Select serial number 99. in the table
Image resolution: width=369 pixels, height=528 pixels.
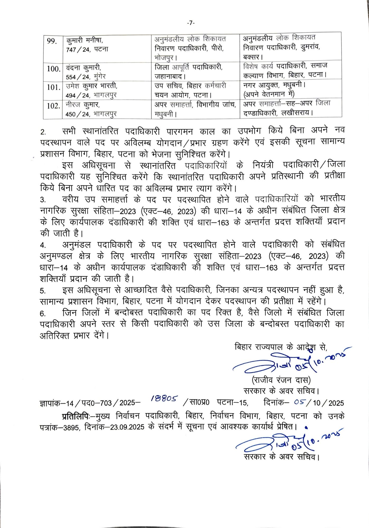[x=52, y=41]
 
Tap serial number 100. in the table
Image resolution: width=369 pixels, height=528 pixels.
[x=54, y=69]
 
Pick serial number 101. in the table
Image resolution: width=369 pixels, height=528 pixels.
[x=54, y=87]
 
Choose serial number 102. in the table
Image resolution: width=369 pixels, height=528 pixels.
[x=54, y=106]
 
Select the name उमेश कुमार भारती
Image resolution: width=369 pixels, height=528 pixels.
[x=91, y=86]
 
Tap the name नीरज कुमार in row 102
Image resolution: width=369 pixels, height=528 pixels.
[x=82, y=105]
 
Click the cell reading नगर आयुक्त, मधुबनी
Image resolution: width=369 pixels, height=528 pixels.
[x=274, y=86]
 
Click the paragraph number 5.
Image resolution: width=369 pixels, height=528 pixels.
[x=43, y=291]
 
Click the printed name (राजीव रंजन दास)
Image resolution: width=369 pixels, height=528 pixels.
[x=281, y=380]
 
